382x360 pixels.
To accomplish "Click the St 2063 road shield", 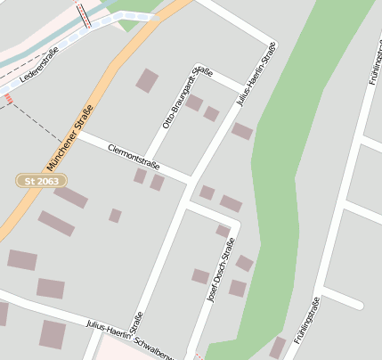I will point(42,181).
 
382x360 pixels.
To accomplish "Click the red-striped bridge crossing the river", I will point(83,14).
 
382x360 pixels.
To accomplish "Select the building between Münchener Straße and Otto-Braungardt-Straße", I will point(146,80).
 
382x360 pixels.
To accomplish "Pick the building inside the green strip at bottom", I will point(278,347).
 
